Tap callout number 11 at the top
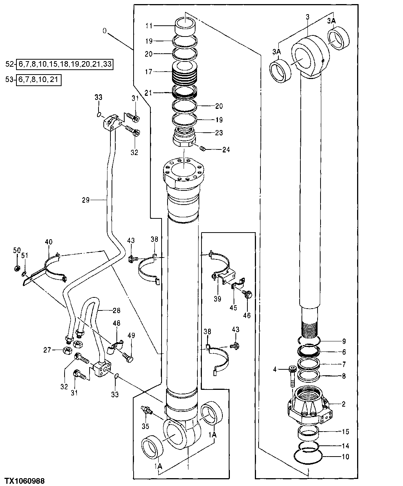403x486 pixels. click(149, 26)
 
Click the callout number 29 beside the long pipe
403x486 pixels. click(86, 200)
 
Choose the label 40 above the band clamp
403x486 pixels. click(49, 242)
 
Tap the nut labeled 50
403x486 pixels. click(17, 268)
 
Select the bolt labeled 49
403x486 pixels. click(128, 359)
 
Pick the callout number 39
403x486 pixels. click(218, 299)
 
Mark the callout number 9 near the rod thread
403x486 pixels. click(344, 341)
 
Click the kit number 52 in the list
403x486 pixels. click(10, 64)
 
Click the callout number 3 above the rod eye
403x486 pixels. click(307, 17)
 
